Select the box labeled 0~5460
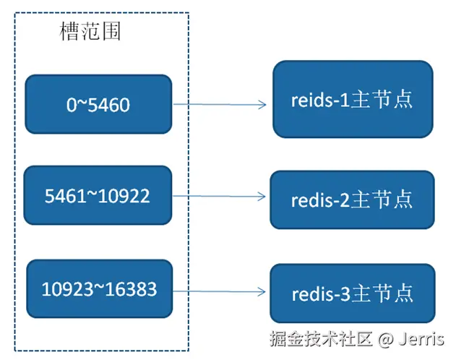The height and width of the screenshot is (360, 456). pos(98,104)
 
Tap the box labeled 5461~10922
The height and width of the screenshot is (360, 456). pos(98,195)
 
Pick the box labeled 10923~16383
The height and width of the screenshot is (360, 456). pos(100,289)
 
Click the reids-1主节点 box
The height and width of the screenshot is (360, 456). pos(353,99)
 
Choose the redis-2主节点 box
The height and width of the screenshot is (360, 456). pos(353,200)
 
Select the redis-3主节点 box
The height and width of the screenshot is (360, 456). pos(353,293)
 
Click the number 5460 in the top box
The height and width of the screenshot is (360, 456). pos(108,105)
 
